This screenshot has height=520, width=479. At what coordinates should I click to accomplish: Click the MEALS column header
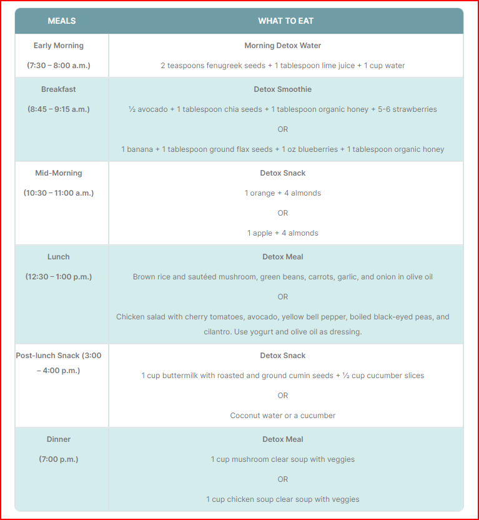pyautogui.click(x=61, y=21)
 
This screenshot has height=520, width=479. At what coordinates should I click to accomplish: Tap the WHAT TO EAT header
pyautogui.click(x=285, y=21)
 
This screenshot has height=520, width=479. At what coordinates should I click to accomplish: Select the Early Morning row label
pyautogui.click(x=59, y=46)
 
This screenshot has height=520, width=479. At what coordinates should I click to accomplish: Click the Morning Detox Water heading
pyautogui.click(x=283, y=46)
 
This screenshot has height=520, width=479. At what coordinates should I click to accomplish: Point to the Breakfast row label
pyautogui.click(x=59, y=89)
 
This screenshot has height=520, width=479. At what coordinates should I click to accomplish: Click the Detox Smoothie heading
pyautogui.click(x=283, y=89)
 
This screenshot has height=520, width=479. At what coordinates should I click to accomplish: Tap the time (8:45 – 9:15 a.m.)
pyautogui.click(x=59, y=109)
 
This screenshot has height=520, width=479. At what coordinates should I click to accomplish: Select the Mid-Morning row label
pyautogui.click(x=59, y=173)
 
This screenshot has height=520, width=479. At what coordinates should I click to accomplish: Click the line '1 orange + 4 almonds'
pyautogui.click(x=283, y=193)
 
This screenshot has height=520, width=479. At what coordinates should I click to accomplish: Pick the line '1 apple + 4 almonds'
pyautogui.click(x=283, y=233)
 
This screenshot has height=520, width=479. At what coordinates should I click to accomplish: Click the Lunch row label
pyautogui.click(x=59, y=257)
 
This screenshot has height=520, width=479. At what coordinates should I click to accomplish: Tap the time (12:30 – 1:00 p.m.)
pyautogui.click(x=59, y=277)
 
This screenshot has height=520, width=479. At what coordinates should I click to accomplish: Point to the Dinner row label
pyautogui.click(x=59, y=439)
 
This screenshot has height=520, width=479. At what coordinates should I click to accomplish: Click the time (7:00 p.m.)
pyautogui.click(x=59, y=459)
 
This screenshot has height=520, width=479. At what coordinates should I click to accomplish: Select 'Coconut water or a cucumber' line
pyautogui.click(x=283, y=416)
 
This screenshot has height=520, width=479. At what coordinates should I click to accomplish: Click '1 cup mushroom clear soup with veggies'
pyautogui.click(x=283, y=459)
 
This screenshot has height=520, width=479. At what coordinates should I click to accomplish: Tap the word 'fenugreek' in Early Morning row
pyautogui.click(x=225, y=66)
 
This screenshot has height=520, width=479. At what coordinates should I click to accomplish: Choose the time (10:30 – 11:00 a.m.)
pyautogui.click(x=59, y=193)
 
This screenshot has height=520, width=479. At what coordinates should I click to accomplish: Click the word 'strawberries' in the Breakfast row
pyautogui.click(x=412, y=109)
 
